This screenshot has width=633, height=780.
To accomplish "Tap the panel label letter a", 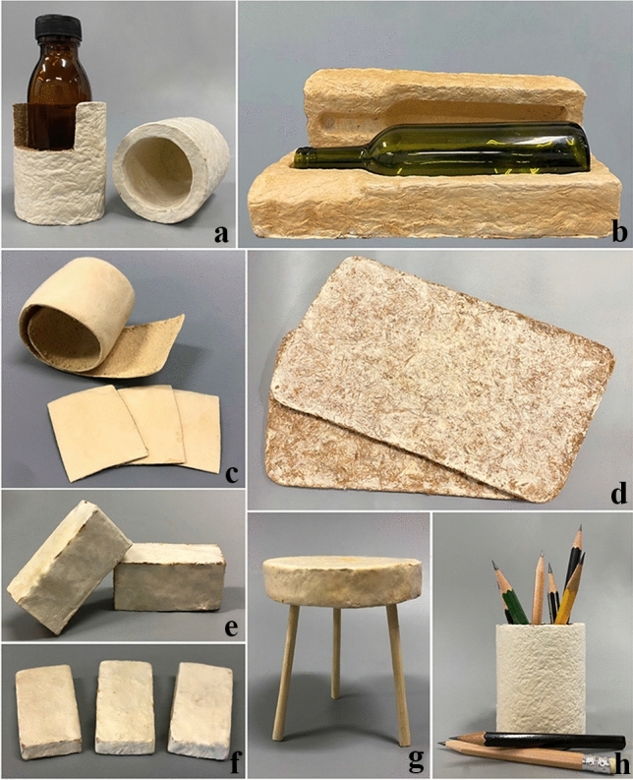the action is pyautogui.click(x=221, y=232).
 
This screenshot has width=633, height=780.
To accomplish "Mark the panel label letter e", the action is pyautogui.click(x=231, y=628).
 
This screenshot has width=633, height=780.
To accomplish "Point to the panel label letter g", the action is pyautogui.click(x=415, y=759).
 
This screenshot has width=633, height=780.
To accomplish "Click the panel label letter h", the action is pyautogui.click(x=618, y=760).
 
